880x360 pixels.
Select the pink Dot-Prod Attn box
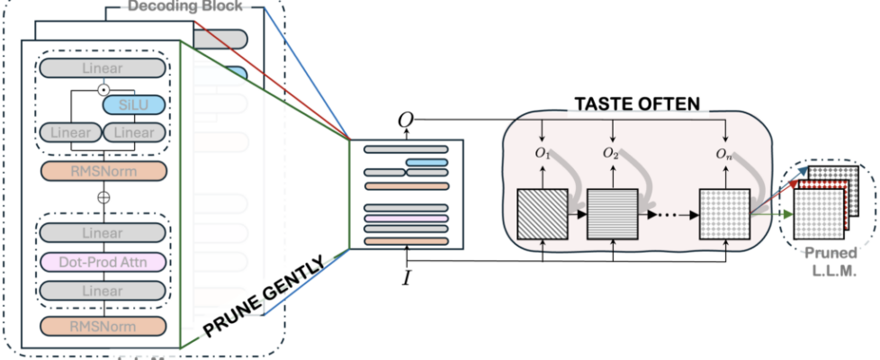[x=103, y=262]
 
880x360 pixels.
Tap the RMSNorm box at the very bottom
[x=103, y=325]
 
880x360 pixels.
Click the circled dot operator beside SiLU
[x=103, y=89]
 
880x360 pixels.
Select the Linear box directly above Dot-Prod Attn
[x=103, y=232]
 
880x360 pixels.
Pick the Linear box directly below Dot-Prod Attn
[x=103, y=292]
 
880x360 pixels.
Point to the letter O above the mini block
[x=405, y=121]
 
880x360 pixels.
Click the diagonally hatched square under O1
[x=543, y=215]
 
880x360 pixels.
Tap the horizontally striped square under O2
[x=612, y=215]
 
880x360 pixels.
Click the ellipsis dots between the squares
[x=668, y=216]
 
